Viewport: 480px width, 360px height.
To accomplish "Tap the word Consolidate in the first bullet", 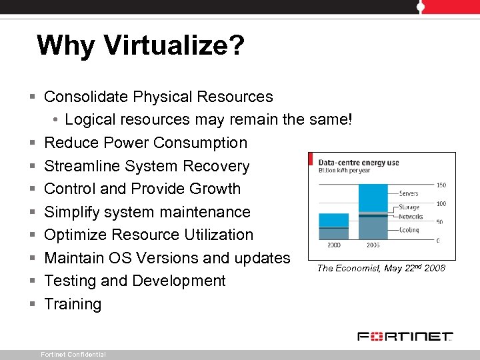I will click(x=86, y=97).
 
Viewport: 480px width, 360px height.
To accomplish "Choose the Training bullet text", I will click(x=73, y=304).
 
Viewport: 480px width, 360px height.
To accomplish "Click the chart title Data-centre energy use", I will click(x=359, y=162).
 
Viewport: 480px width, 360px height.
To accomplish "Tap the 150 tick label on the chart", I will click(x=441, y=185).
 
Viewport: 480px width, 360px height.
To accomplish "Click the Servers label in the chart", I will click(x=408, y=194).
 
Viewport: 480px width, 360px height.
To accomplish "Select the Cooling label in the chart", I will click(x=409, y=229).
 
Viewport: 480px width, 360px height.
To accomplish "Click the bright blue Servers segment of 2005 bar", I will click(x=373, y=197).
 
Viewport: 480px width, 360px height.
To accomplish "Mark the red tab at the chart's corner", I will click(x=311, y=159).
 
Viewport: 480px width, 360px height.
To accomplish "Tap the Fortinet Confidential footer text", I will click(x=73, y=355).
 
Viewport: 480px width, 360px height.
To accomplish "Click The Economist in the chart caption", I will click(x=349, y=268).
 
